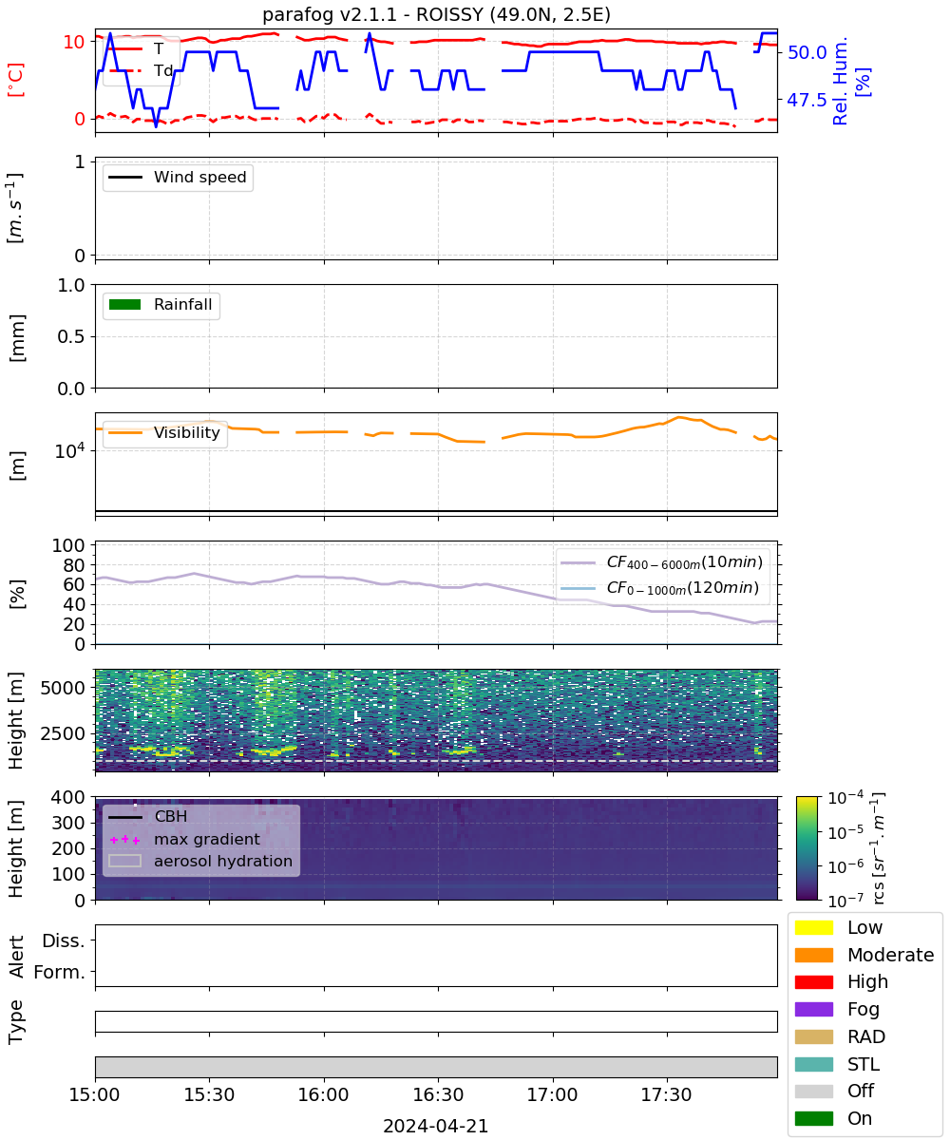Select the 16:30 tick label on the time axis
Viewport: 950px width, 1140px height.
click(x=438, y=1094)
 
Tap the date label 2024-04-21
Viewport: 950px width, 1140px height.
click(x=436, y=1126)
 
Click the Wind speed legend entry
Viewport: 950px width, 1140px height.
click(x=178, y=177)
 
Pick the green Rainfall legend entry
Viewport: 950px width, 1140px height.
click(x=161, y=304)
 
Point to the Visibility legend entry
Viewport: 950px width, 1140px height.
click(x=164, y=432)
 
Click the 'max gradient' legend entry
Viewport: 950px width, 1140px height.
click(x=185, y=839)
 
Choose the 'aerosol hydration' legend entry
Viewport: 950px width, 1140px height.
click(x=200, y=861)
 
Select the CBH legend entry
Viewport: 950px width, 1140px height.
click(x=148, y=816)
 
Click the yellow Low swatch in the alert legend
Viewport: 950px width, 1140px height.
click(x=813, y=927)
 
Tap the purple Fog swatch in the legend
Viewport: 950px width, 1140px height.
click(x=813, y=1009)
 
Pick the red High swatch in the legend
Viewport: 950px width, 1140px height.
click(x=813, y=981)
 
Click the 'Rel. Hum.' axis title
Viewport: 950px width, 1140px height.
click(x=840, y=81)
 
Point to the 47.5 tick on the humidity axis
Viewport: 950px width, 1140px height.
click(x=807, y=100)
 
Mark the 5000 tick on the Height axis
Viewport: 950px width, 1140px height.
click(x=63, y=688)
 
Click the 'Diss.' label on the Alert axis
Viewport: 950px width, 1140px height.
click(x=64, y=940)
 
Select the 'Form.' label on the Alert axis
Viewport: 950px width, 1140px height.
click(x=60, y=973)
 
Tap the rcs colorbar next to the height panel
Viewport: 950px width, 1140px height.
click(x=807, y=848)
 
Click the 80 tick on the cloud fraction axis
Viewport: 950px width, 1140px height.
click(x=74, y=565)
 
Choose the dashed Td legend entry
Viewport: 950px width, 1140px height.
click(x=141, y=70)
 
